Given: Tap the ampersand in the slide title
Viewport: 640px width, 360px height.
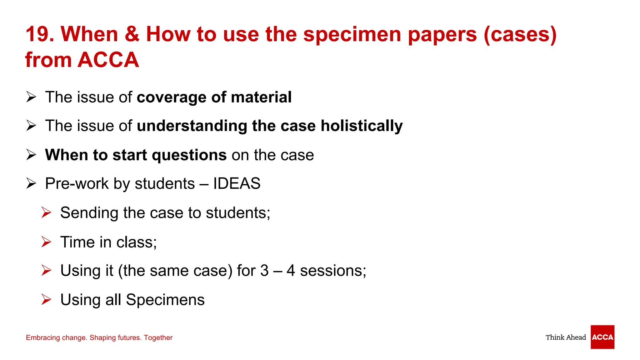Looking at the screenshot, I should tap(132, 34).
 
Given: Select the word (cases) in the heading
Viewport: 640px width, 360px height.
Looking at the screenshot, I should tap(520, 35).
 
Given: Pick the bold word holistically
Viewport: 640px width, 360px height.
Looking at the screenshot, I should tap(362, 126).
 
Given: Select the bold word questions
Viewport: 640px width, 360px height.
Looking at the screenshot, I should tap(189, 155).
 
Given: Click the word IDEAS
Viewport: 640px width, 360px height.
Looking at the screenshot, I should tap(237, 183).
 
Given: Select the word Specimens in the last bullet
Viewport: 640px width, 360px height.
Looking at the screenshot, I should tap(165, 300).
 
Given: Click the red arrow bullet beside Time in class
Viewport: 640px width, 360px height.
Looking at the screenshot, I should tap(46, 242).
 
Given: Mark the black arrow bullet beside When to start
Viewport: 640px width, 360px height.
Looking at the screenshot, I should tap(31, 155).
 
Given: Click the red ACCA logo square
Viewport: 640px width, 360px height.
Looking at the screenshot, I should tap(602, 337).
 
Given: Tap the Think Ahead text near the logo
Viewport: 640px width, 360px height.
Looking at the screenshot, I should tap(566, 337).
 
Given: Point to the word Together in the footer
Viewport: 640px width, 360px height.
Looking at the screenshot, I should tap(158, 337).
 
